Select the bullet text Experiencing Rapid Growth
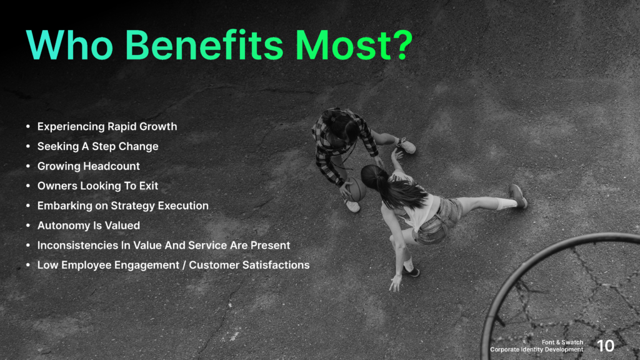click(x=107, y=127)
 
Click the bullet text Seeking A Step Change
click(x=97, y=146)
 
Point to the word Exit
click(x=149, y=186)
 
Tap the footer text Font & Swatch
click(x=562, y=342)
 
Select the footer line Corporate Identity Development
click(x=536, y=350)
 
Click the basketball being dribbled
click(x=354, y=189)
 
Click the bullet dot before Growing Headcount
click(x=28, y=167)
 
